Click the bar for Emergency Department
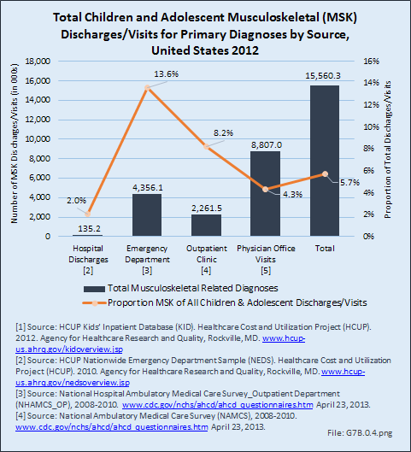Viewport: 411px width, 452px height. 147,214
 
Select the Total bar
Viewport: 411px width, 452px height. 325,161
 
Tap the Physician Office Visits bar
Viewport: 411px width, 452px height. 265,193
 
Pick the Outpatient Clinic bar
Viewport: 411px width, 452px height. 207,225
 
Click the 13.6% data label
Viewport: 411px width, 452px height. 167,74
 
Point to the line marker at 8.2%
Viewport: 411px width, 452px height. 207,146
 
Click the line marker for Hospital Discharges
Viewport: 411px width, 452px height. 88,214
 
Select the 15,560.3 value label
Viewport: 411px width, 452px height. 323,76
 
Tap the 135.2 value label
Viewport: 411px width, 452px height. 89,229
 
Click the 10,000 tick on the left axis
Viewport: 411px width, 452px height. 38,139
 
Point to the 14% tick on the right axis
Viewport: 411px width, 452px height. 371,83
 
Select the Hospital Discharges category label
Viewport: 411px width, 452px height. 88,260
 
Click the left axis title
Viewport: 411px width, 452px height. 15,144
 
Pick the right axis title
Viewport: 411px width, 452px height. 388,150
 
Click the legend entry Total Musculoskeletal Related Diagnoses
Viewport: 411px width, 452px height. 180,288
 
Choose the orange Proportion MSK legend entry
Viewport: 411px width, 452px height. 225,302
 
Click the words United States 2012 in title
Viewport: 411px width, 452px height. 205,50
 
